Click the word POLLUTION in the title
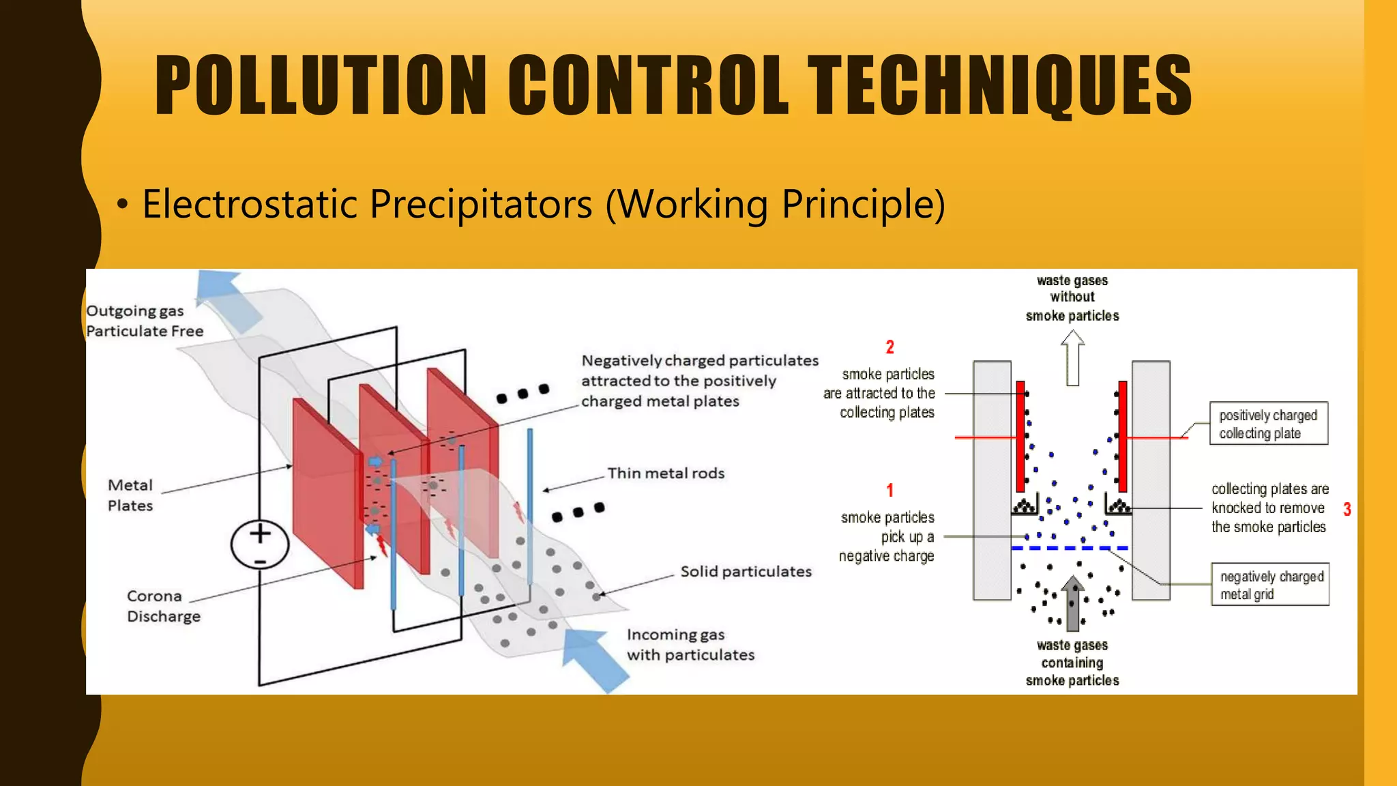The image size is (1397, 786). (321, 85)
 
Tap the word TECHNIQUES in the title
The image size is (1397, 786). (999, 85)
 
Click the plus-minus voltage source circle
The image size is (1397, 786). (260, 544)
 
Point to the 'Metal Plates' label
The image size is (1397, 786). (130, 495)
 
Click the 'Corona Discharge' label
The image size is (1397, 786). (164, 606)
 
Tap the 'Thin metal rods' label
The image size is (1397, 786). (666, 474)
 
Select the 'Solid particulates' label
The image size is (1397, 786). (746, 572)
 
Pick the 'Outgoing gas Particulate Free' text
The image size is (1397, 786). (145, 321)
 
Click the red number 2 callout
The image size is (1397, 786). (889, 347)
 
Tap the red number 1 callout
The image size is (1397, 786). (889, 490)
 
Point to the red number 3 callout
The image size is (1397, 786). (1347, 509)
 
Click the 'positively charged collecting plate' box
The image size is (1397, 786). (1268, 424)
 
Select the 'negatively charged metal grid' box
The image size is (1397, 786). (1270, 585)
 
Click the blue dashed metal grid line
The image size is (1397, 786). (1069, 548)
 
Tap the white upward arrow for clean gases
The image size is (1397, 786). (1072, 358)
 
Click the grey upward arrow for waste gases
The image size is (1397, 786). (1072, 604)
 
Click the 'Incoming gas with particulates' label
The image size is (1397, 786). (690, 645)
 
